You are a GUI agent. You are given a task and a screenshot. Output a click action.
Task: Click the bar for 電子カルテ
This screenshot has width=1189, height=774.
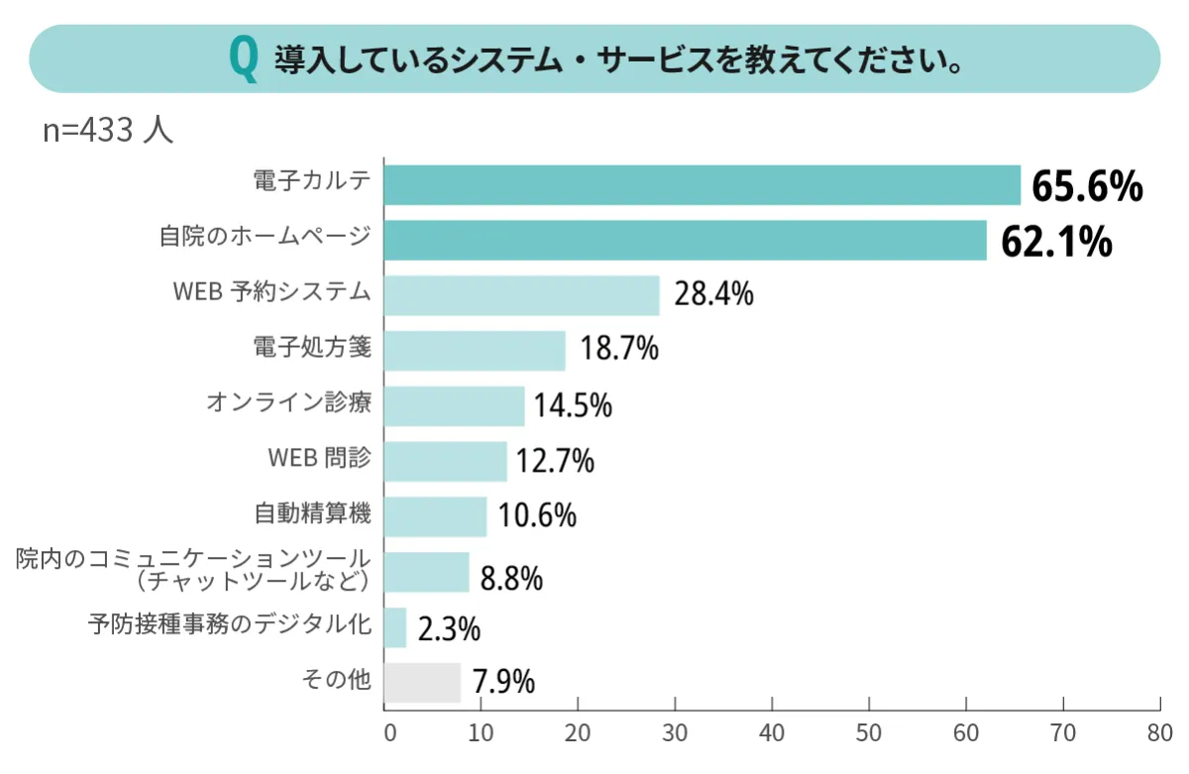tap(702, 185)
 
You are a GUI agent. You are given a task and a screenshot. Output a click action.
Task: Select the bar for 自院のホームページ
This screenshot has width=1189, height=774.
tap(685, 241)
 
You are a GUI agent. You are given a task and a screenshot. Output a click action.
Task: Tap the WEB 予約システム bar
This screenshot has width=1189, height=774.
tap(521, 295)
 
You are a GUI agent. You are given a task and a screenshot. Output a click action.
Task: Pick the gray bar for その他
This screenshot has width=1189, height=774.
tap(422, 682)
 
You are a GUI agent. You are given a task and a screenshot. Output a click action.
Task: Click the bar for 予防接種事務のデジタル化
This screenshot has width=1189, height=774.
tap(395, 627)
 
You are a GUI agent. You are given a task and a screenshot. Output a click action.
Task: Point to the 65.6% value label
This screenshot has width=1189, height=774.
tap(1087, 186)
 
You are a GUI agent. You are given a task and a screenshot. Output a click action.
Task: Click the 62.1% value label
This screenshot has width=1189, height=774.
tap(1056, 242)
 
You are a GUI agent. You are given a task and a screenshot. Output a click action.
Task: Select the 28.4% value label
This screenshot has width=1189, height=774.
tap(713, 294)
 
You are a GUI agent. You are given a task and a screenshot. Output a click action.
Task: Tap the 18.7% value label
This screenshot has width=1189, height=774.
tap(619, 350)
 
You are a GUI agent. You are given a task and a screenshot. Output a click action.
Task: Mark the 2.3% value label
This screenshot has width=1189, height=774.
tap(449, 628)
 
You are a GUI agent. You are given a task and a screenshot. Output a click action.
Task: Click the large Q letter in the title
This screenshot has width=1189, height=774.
tap(242, 58)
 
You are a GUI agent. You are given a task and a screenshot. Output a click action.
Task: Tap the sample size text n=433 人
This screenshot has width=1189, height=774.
tap(108, 131)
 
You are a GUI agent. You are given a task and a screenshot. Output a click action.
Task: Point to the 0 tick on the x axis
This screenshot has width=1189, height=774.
tap(388, 734)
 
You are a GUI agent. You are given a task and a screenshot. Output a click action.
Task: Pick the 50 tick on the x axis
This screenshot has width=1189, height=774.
tap(869, 734)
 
